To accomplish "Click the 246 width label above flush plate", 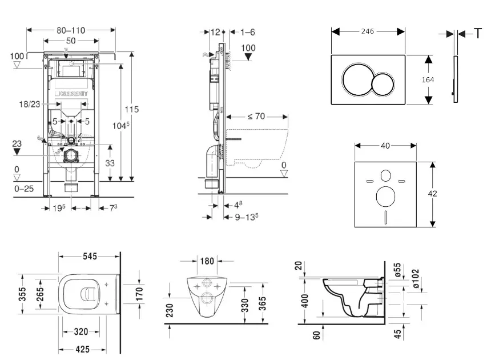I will pos(367,31).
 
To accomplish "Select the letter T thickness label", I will pos(477,34).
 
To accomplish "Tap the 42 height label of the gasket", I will pos(432,194).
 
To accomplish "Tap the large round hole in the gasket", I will pos(387,197).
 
